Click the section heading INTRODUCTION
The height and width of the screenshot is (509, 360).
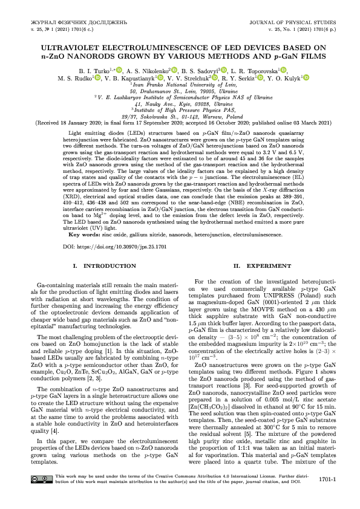point(100,266)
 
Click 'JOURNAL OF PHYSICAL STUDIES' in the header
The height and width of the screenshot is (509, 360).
point(287,22)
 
